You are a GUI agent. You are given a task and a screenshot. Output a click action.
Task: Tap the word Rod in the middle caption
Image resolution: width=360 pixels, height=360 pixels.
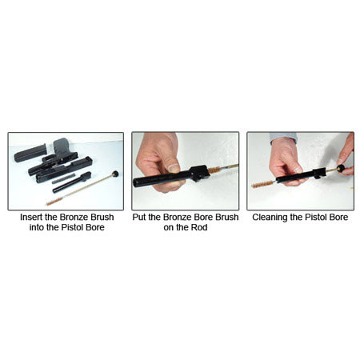(200, 227)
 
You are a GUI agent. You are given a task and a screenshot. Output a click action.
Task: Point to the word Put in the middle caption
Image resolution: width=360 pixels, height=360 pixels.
(139, 217)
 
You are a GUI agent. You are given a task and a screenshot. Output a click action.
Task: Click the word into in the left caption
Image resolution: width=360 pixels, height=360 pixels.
(37, 227)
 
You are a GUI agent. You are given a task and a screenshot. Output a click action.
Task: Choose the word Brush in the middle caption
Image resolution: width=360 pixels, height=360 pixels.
(227, 217)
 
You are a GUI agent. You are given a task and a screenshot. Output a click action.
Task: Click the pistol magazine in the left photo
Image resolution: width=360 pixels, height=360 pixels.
(30, 153)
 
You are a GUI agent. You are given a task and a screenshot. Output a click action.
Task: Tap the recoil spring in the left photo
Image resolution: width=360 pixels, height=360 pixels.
(64, 178)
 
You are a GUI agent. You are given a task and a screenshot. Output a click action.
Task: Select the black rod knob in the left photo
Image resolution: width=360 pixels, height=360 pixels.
(115, 174)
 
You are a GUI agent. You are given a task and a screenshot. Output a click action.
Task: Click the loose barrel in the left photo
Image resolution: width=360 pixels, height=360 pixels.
(72, 182)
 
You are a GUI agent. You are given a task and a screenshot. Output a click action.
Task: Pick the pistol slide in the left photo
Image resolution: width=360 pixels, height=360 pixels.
(65, 170)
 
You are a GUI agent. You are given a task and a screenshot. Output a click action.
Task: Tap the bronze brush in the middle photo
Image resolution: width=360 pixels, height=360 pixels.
(214, 170)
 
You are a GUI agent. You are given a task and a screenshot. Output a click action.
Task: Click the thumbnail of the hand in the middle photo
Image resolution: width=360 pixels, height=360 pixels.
(174, 168)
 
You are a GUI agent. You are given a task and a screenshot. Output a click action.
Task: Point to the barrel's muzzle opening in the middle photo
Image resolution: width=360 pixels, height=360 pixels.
(136, 182)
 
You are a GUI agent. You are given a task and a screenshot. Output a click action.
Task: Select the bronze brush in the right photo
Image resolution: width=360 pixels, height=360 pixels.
(262, 184)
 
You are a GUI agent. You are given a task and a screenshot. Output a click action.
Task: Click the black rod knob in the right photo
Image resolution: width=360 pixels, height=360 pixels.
(341, 168)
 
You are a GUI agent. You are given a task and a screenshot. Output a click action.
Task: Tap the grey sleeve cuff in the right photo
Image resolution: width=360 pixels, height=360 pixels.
(283, 137)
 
